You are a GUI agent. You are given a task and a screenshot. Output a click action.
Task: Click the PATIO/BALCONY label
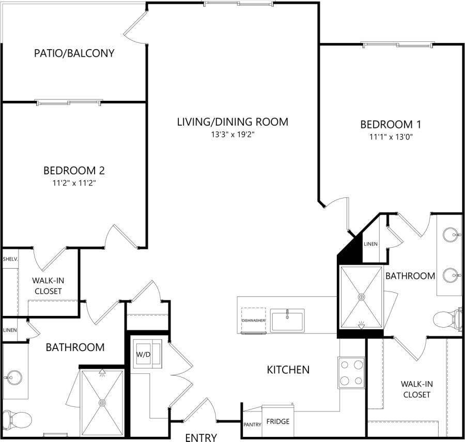coord(74,53)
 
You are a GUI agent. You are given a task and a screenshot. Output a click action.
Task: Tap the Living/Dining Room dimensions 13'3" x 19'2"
coord(232,134)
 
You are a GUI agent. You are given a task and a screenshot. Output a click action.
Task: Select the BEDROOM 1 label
coord(391,124)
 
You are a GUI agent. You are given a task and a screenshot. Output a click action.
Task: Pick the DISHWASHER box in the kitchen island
coord(253,321)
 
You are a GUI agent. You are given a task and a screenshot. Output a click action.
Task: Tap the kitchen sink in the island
coord(287,319)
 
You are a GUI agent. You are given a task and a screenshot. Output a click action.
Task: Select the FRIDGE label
coord(277,421)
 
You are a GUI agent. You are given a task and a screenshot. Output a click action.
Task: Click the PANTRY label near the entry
coord(252,424)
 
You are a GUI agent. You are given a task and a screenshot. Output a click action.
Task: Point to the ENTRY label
coord(201,438)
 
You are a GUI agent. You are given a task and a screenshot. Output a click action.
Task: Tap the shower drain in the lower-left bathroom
coord(102,402)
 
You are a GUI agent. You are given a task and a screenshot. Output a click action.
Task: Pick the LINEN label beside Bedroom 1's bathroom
coord(370,244)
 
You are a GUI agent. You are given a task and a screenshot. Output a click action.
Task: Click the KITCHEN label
coord(288,370)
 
